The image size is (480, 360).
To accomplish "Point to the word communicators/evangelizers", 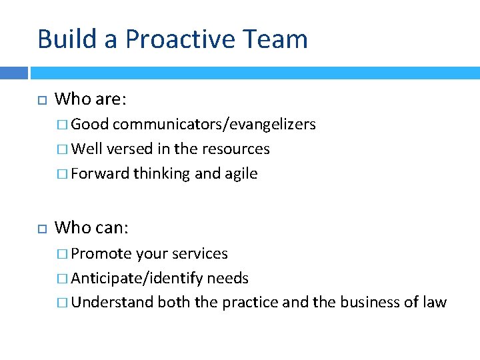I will pyautogui.click(x=214, y=125).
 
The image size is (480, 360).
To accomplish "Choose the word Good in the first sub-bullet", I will pyautogui.click(x=91, y=125).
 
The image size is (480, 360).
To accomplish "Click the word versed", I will pyautogui.click(x=127, y=149).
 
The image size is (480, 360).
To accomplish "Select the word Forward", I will pyautogui.click(x=100, y=174).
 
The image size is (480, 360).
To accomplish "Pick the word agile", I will pyautogui.click(x=241, y=174).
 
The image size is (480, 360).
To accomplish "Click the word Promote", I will pyautogui.click(x=101, y=254).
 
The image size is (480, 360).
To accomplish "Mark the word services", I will pyautogui.click(x=200, y=254).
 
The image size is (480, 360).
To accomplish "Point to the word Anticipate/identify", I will pyautogui.click(x=137, y=278).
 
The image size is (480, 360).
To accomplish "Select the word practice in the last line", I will pyautogui.click(x=250, y=302).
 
